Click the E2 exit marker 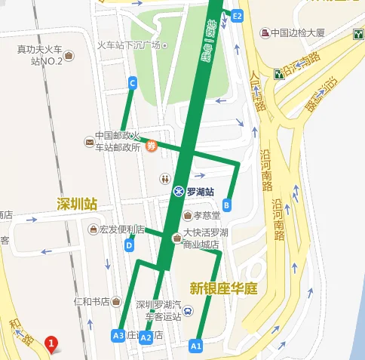coord(238,15)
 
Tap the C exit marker coord(133,83)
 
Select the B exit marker coord(226,204)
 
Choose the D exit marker coord(130,245)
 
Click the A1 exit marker coord(195,346)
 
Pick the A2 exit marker coord(146,337)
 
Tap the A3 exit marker coord(118,335)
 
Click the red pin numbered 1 coord(51,345)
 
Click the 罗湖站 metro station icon coord(179,192)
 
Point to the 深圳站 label coord(77,204)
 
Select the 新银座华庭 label coord(224,288)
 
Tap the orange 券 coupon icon coord(151,146)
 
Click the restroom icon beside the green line coord(165,179)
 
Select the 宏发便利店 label coord(115,229)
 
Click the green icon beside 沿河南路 coord(279,73)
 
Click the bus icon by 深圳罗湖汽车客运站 coord(188,309)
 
